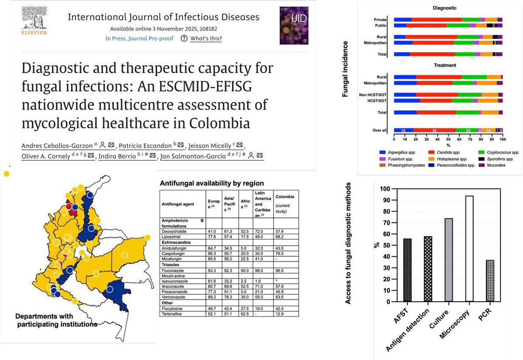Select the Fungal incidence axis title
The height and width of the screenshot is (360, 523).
345,69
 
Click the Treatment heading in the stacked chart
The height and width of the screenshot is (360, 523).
445,65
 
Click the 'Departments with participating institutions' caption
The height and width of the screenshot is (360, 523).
57,320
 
